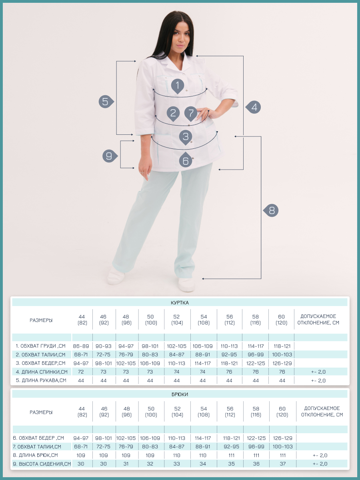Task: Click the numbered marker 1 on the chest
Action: coord(178,86)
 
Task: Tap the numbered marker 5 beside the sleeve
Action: coord(106,102)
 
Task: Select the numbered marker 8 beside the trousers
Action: coord(271,210)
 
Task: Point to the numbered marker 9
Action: coord(110,156)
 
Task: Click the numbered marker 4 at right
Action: coord(253,107)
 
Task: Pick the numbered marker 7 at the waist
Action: coord(191,114)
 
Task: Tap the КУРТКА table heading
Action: coord(180,303)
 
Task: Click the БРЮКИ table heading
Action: coord(180,394)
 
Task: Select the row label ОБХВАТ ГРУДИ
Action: coord(41,346)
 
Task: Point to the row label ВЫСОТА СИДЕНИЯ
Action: coord(42,464)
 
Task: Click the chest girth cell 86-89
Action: coord(81,346)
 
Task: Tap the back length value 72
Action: coord(81,372)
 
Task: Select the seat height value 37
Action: coord(282,464)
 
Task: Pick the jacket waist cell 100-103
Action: coord(282,354)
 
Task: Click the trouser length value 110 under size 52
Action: coord(177,455)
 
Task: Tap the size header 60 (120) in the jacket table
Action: coord(281,320)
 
